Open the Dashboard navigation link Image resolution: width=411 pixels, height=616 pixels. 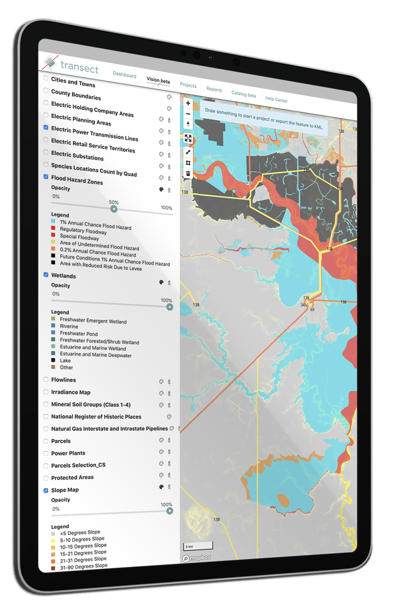(x=124, y=75)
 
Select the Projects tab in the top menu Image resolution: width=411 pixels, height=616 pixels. (x=188, y=86)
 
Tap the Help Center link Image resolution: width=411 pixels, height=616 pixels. (x=277, y=100)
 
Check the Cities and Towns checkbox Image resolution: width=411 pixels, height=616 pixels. (x=46, y=78)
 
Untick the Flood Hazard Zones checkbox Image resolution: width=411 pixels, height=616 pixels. (x=46, y=176)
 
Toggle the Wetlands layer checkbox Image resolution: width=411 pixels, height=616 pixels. (x=46, y=274)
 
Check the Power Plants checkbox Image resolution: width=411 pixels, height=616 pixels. (x=46, y=453)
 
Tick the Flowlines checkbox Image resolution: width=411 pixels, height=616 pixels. (x=46, y=380)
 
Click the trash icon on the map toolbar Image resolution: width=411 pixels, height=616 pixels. (x=188, y=173)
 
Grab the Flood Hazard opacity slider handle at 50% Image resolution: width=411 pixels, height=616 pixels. (x=114, y=209)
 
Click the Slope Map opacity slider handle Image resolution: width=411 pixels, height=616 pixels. (x=170, y=511)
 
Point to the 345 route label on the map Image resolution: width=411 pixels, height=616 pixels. (x=304, y=305)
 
